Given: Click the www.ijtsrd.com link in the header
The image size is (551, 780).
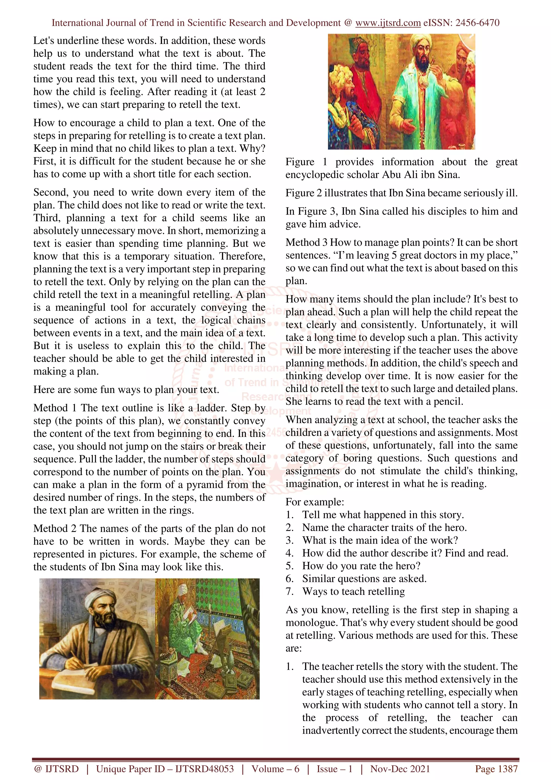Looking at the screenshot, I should click(388, 23).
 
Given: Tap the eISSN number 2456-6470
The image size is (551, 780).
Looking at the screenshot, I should click(477, 23).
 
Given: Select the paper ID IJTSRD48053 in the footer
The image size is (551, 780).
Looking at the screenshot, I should click(204, 768).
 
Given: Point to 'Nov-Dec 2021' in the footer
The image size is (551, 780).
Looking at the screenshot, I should click(400, 768).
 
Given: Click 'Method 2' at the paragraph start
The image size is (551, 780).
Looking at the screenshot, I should click(55, 528).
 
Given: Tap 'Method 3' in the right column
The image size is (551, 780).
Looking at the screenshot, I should click(306, 242).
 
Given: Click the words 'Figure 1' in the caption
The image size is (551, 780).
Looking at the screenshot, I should click(306, 162).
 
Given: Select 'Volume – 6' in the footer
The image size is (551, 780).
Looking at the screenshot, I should click(275, 768).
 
